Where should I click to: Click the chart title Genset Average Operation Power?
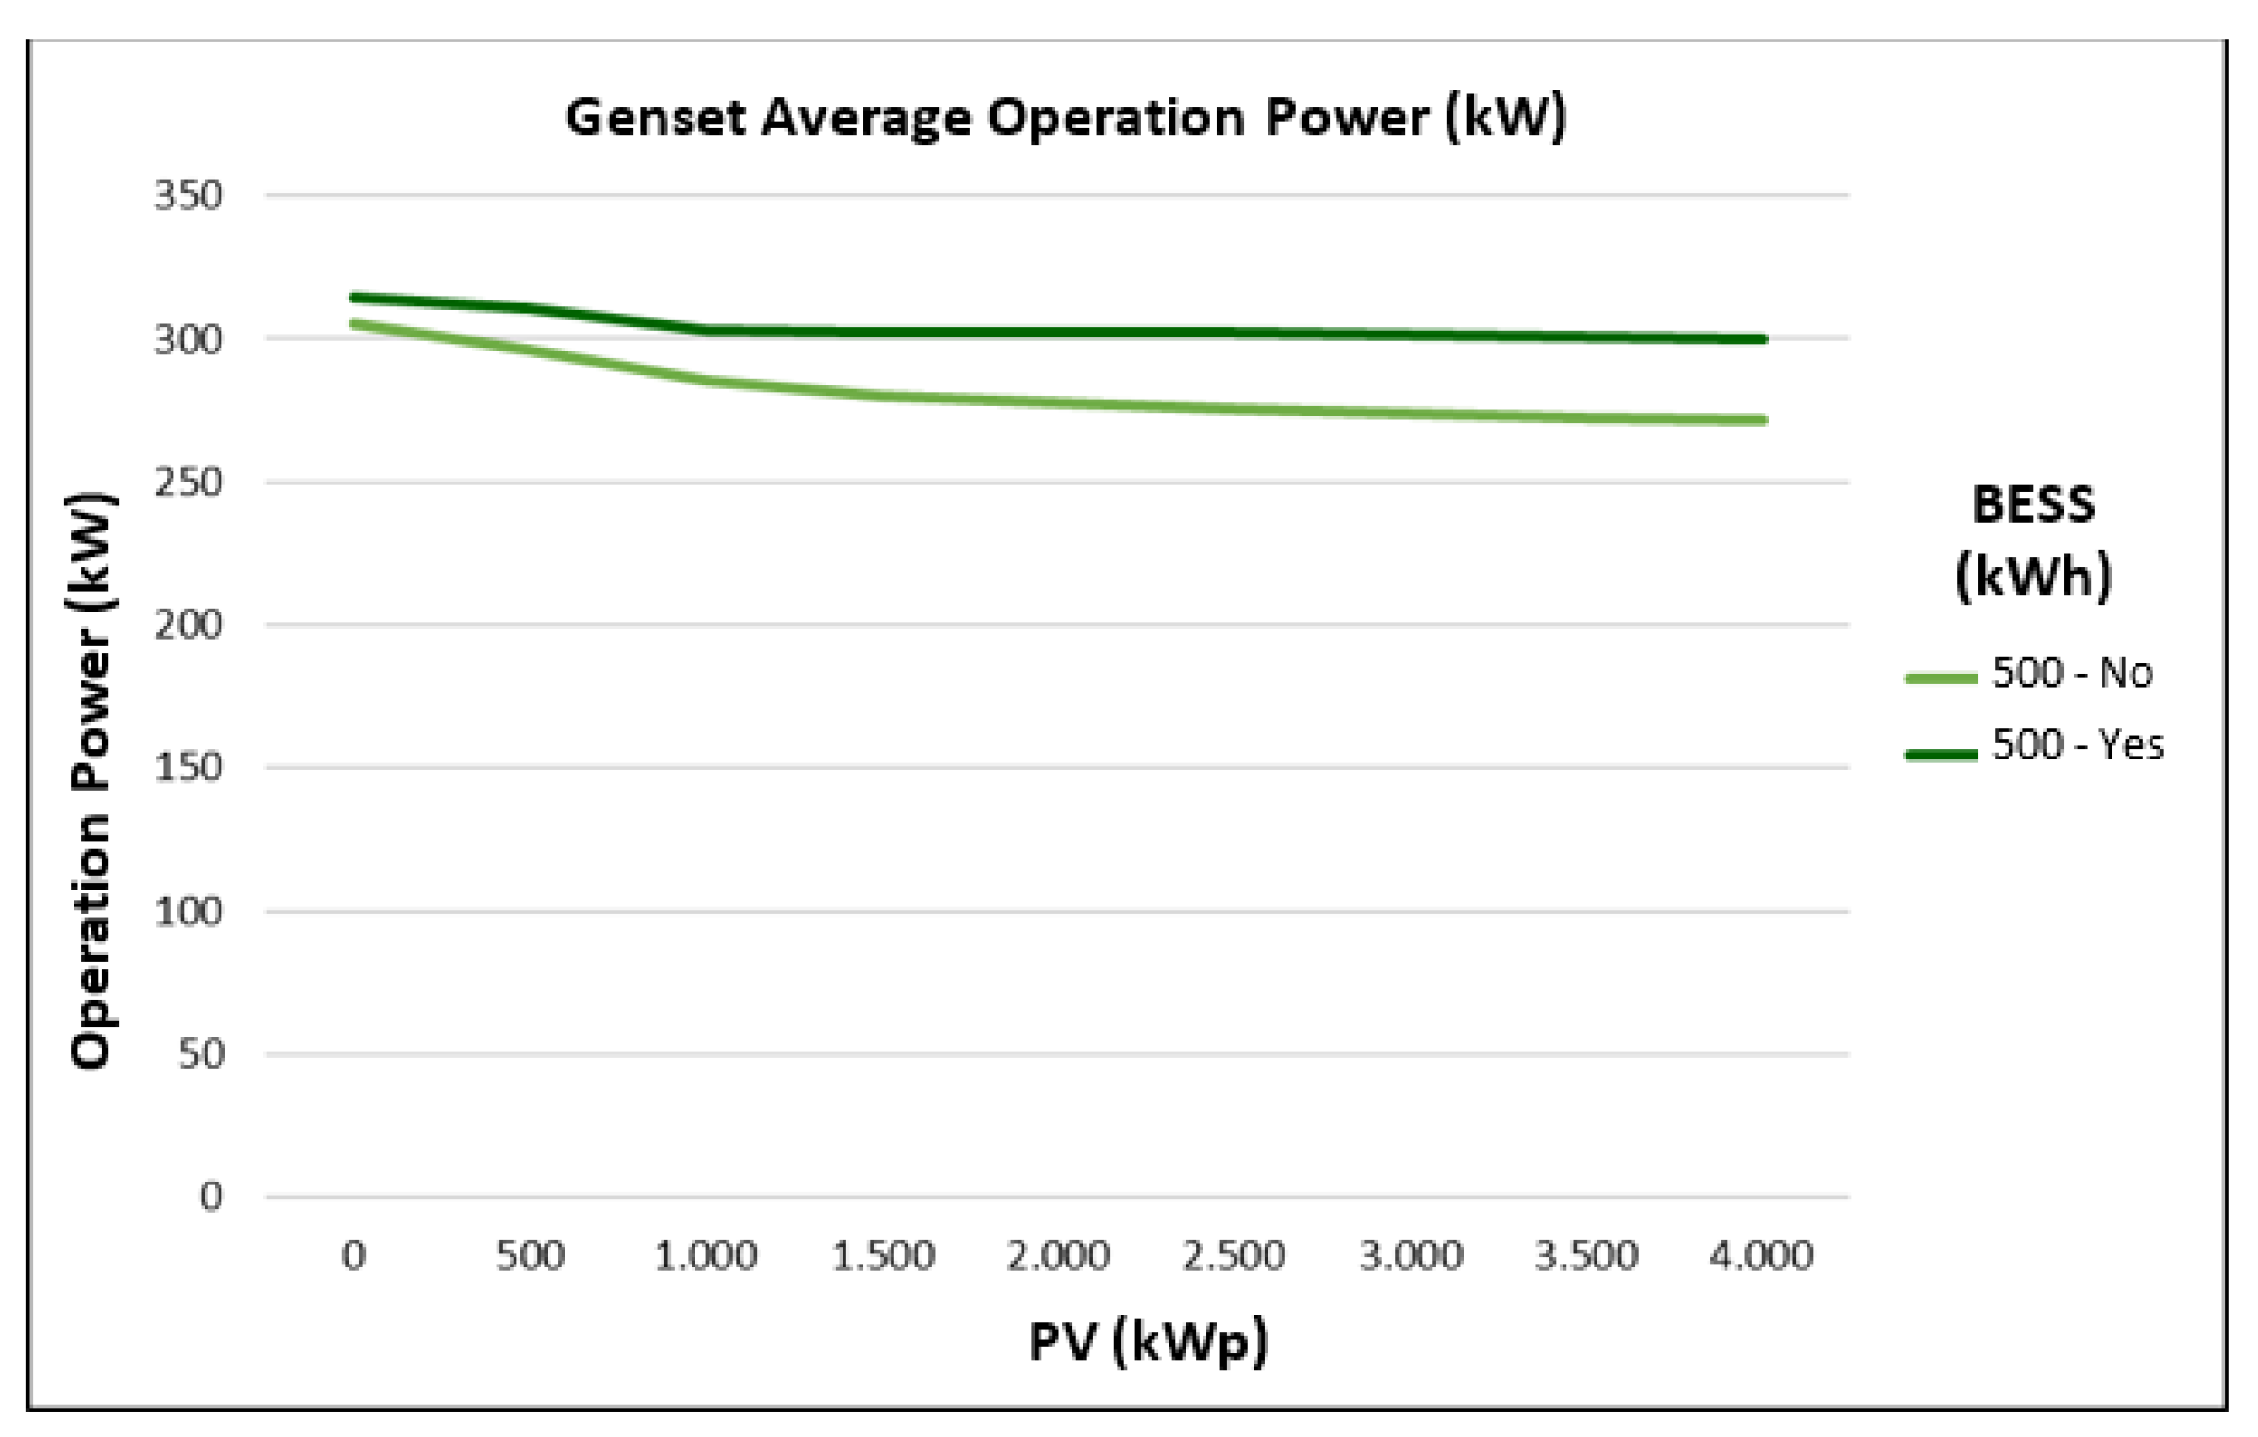tap(1065, 118)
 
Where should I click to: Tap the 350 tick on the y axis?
tap(188, 196)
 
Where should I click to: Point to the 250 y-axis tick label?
tap(188, 482)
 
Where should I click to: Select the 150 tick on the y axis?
tap(188, 767)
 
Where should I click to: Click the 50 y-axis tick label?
tap(201, 1053)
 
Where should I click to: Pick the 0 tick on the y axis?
tap(211, 1197)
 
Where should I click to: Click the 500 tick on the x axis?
tap(530, 1256)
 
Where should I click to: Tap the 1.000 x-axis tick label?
tap(706, 1256)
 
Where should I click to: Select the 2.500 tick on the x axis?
tap(1234, 1256)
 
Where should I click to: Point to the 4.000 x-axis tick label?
tap(1761, 1256)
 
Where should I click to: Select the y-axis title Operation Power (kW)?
tap(91, 780)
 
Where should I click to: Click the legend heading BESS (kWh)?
tap(2033, 541)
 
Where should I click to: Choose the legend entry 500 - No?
tap(2071, 674)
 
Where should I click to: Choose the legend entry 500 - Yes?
tap(2077, 745)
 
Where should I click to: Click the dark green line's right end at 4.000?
tap(1762, 339)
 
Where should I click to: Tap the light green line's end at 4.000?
tap(1762, 420)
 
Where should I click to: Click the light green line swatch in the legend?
tap(1940, 678)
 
